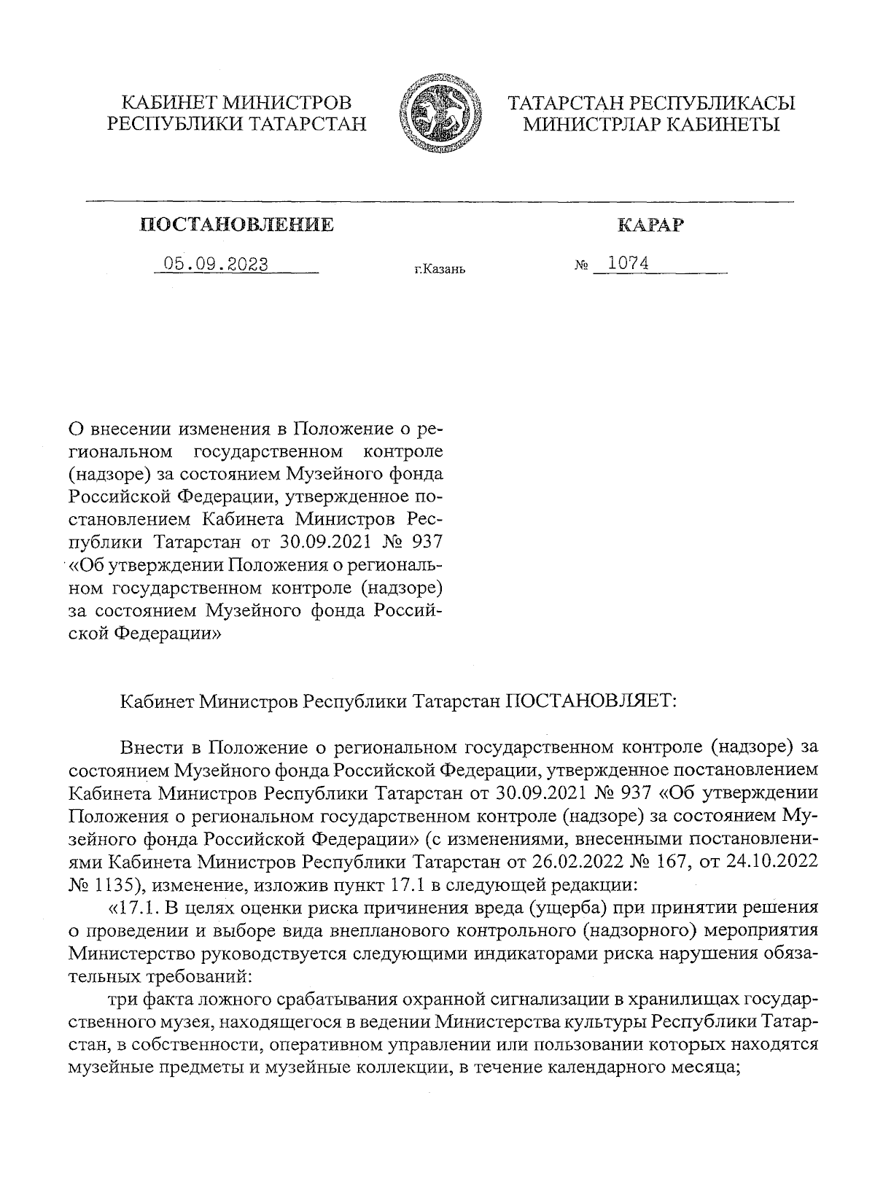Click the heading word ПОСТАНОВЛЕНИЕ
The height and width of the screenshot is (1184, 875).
point(237,225)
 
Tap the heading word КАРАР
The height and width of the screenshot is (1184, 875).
point(650,225)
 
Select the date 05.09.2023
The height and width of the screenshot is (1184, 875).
point(216,264)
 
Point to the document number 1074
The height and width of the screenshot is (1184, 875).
point(629,263)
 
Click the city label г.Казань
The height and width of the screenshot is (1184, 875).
point(439,270)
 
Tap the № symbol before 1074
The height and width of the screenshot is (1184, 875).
point(581,267)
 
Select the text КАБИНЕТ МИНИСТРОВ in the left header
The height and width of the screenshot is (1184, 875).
point(236,103)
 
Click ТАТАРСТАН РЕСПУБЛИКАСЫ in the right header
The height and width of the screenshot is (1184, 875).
point(652,103)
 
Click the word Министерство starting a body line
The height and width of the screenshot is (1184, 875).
point(131,954)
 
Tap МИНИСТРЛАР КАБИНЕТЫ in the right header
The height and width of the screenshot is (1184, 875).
point(652,125)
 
